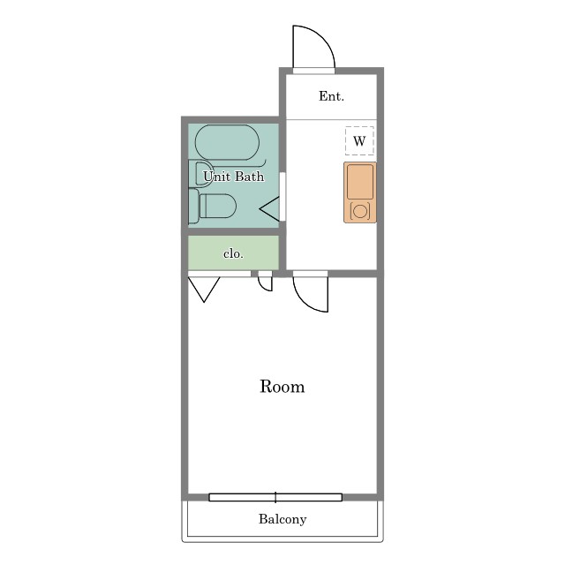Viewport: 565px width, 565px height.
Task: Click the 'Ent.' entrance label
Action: (331, 96)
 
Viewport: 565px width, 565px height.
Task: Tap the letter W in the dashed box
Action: (359, 141)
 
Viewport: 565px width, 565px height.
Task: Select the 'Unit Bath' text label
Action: (233, 177)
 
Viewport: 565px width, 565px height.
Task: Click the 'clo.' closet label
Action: (233, 253)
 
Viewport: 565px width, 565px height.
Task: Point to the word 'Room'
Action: (282, 387)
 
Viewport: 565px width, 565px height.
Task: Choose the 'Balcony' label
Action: (282, 519)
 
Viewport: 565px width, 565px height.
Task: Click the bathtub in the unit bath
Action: (227, 142)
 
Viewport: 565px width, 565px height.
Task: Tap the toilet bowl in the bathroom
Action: (218, 206)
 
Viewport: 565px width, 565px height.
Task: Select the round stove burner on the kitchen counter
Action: (360, 211)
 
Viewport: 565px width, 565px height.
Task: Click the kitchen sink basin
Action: (360, 182)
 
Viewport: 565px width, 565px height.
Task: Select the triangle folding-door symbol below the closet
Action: (204, 290)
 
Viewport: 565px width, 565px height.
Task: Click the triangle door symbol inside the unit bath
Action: (269, 209)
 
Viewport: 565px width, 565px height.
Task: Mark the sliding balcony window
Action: (275, 497)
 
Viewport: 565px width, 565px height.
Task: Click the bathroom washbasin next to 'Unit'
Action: (203, 174)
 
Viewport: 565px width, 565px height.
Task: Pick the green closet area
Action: (233, 252)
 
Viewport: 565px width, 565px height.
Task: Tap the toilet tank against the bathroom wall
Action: (193, 206)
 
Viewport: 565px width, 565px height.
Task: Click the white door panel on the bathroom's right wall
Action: (282, 196)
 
